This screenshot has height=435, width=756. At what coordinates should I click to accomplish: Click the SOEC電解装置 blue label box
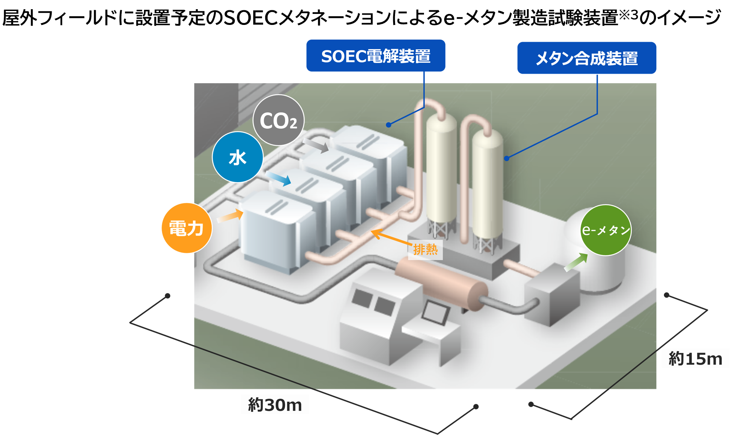coord(376,56)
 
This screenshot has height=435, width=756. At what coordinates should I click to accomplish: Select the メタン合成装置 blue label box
coord(586,58)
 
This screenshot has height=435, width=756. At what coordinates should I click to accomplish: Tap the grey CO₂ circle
coord(279,120)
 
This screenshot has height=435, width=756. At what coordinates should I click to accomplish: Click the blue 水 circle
coord(237,157)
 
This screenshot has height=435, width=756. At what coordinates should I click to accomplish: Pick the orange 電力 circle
coord(187,228)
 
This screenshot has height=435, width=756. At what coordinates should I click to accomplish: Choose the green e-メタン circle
coord(606,230)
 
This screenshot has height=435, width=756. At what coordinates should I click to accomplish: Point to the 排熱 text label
coord(425,250)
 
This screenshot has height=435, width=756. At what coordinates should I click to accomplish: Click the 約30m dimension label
coord(275,404)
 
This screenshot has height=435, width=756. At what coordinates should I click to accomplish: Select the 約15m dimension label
coord(695,358)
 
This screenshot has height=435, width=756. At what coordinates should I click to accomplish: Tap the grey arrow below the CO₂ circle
coord(316,145)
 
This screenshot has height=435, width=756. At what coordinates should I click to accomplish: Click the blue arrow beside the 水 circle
coord(279,178)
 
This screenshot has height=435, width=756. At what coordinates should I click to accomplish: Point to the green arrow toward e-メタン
coord(576,262)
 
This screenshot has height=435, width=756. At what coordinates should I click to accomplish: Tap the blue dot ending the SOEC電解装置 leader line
coord(388,125)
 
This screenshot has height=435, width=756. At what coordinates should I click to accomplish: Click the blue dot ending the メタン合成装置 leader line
coord(506,158)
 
